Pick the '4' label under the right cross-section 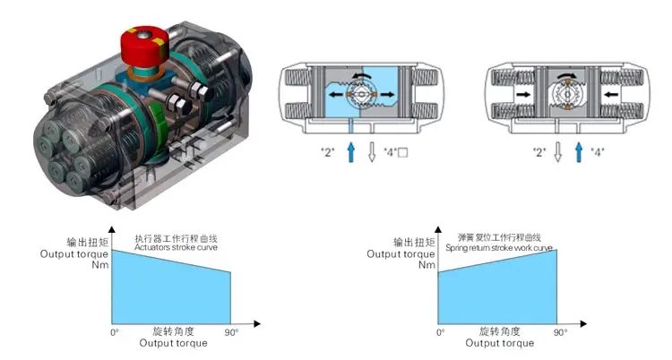[x=598, y=152]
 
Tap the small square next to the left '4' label [x=403, y=152]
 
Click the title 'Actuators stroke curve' [x=176, y=248]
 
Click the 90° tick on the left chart [x=230, y=333]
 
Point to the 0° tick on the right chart [x=440, y=333]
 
